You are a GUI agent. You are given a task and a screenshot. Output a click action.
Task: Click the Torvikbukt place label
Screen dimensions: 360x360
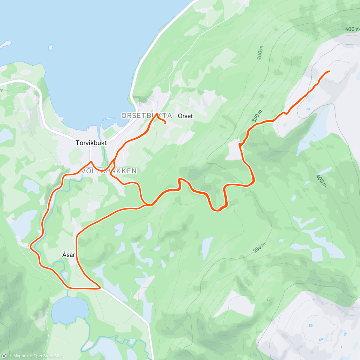(91, 143)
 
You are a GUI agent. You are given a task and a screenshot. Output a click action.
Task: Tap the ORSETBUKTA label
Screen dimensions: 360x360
(147, 115)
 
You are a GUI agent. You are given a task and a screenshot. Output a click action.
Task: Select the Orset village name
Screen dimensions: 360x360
(185, 116)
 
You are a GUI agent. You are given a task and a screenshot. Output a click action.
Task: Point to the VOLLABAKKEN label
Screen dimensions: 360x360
(109, 171)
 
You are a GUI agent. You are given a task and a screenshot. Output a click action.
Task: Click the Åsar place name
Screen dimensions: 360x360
(68, 255)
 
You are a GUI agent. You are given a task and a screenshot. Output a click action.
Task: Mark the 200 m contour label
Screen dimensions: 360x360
(260, 53)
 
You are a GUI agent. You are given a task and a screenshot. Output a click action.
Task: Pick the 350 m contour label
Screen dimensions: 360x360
(257, 116)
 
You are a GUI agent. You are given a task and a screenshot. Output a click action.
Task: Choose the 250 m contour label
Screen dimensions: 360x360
(259, 247)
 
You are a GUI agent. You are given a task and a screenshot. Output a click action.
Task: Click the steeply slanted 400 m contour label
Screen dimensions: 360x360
(321, 181)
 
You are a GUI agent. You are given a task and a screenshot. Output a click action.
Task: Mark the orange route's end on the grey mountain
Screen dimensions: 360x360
(329, 71)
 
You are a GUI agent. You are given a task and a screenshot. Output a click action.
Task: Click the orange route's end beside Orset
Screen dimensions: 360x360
(165, 123)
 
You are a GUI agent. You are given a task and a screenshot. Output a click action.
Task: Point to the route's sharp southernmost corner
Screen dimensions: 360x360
(100, 288)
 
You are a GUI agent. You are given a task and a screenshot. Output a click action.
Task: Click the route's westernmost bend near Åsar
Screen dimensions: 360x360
(31, 247)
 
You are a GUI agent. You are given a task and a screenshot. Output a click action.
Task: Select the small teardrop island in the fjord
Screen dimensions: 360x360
(50, 47)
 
